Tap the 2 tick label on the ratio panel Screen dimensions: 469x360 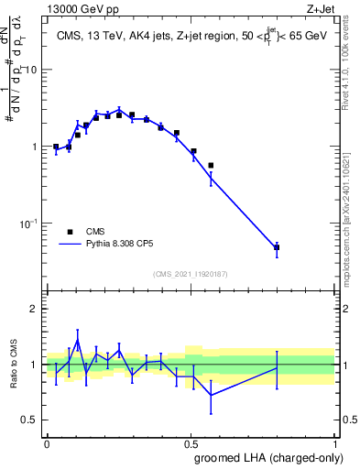click(35, 309)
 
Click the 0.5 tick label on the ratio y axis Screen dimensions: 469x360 click(31, 420)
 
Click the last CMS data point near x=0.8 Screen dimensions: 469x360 click(277, 247)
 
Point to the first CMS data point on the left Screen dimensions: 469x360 click(56, 147)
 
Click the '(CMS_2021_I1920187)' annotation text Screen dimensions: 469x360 click(191, 274)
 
